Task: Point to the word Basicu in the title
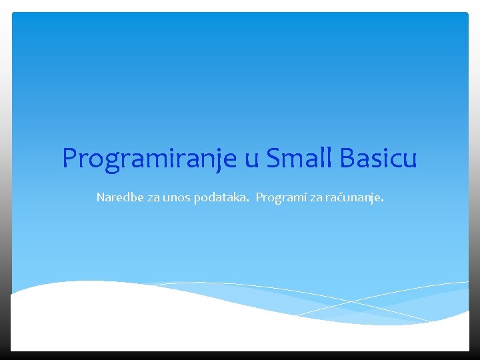click(x=378, y=158)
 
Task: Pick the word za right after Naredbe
click(x=151, y=198)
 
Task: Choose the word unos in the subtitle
click(x=177, y=198)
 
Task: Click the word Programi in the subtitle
click(x=277, y=198)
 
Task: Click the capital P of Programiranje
click(x=69, y=158)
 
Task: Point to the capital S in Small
click(x=273, y=158)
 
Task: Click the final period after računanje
click(x=382, y=201)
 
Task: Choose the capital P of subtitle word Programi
click(x=259, y=197)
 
